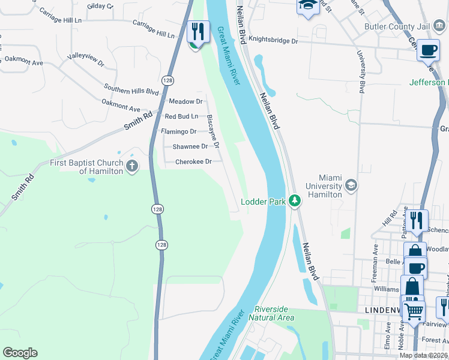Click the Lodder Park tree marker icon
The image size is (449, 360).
coord(294,200)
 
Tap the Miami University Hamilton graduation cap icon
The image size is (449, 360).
coord(351,185)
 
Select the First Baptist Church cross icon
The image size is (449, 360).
coord(132,164)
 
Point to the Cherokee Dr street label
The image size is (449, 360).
coord(193,161)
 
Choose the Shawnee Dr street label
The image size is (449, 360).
coord(190,146)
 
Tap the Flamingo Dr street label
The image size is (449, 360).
coord(178,131)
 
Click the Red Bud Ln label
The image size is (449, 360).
coord(181,116)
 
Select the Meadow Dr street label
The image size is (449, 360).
coord(185,101)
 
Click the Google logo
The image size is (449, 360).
coord(20,353)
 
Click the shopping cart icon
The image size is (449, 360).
coord(414,311)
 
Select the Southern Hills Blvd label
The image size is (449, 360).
coord(131,89)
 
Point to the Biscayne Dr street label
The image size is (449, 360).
coord(212,131)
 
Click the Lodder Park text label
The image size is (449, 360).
coord(263,202)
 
